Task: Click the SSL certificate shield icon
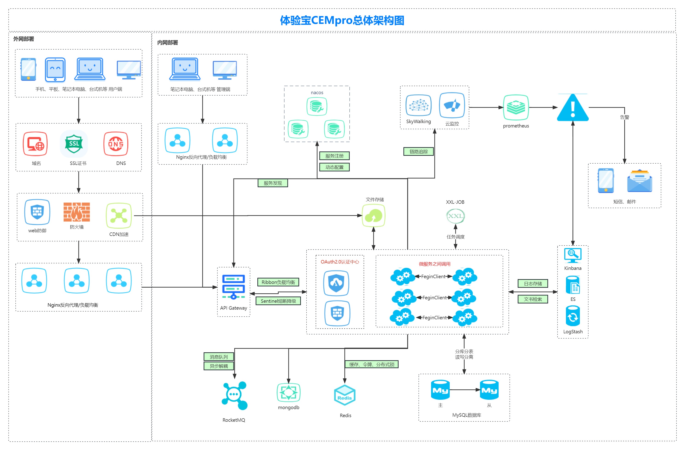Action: tap(74, 144)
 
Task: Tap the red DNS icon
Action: tap(116, 144)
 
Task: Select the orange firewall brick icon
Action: tap(77, 212)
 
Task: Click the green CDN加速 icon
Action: tap(119, 215)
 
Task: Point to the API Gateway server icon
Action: tap(233, 287)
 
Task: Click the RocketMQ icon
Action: tap(234, 395)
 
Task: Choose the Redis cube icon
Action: tap(345, 395)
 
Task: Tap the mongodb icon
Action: tap(288, 392)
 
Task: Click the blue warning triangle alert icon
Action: tap(573, 108)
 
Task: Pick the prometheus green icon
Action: tap(516, 108)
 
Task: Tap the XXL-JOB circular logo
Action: tap(455, 216)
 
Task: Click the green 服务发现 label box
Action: tap(273, 183)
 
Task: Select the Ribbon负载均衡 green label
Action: tap(278, 282)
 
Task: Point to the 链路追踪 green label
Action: tap(418, 151)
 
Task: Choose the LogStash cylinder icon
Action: tap(573, 316)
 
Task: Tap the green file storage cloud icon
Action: tap(373, 215)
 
